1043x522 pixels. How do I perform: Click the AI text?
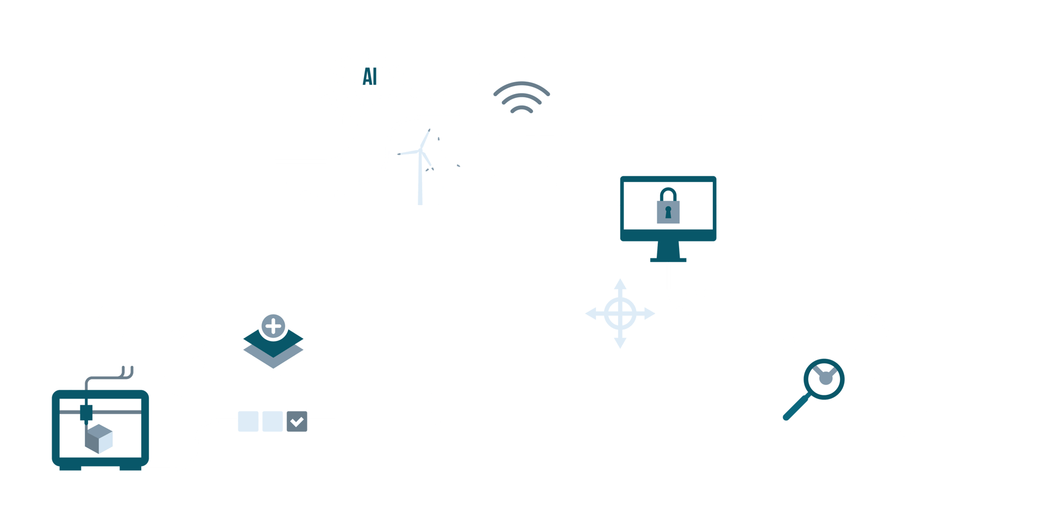[369, 77]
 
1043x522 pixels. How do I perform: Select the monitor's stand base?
[668, 260]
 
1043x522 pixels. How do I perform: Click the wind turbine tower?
[420, 179]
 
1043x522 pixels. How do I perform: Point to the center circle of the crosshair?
[620, 314]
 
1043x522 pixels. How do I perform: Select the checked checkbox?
[297, 421]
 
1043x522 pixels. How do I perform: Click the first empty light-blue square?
[248, 421]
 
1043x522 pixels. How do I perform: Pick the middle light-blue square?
[273, 421]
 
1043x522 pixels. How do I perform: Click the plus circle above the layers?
[273, 326]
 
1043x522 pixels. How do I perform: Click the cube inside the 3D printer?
[99, 439]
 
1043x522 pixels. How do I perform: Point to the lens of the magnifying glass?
[825, 379]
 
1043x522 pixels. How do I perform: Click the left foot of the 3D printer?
[70, 468]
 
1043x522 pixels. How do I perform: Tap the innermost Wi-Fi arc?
[521, 109]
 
